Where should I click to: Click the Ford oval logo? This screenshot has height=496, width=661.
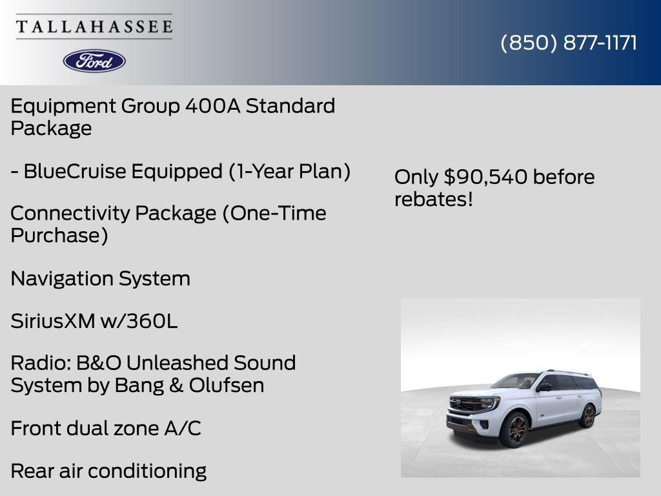point(94,61)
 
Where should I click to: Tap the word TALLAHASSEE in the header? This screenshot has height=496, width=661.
point(94,26)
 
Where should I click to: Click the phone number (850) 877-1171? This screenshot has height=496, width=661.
point(569,43)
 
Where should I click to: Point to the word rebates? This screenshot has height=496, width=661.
point(434,199)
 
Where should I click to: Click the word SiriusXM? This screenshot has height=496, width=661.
point(52,321)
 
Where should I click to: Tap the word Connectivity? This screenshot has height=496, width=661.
point(69,213)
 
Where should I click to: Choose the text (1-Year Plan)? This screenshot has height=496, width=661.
point(289,172)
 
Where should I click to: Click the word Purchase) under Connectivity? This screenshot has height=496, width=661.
point(59,235)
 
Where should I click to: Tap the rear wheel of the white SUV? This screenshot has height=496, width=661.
point(587,415)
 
